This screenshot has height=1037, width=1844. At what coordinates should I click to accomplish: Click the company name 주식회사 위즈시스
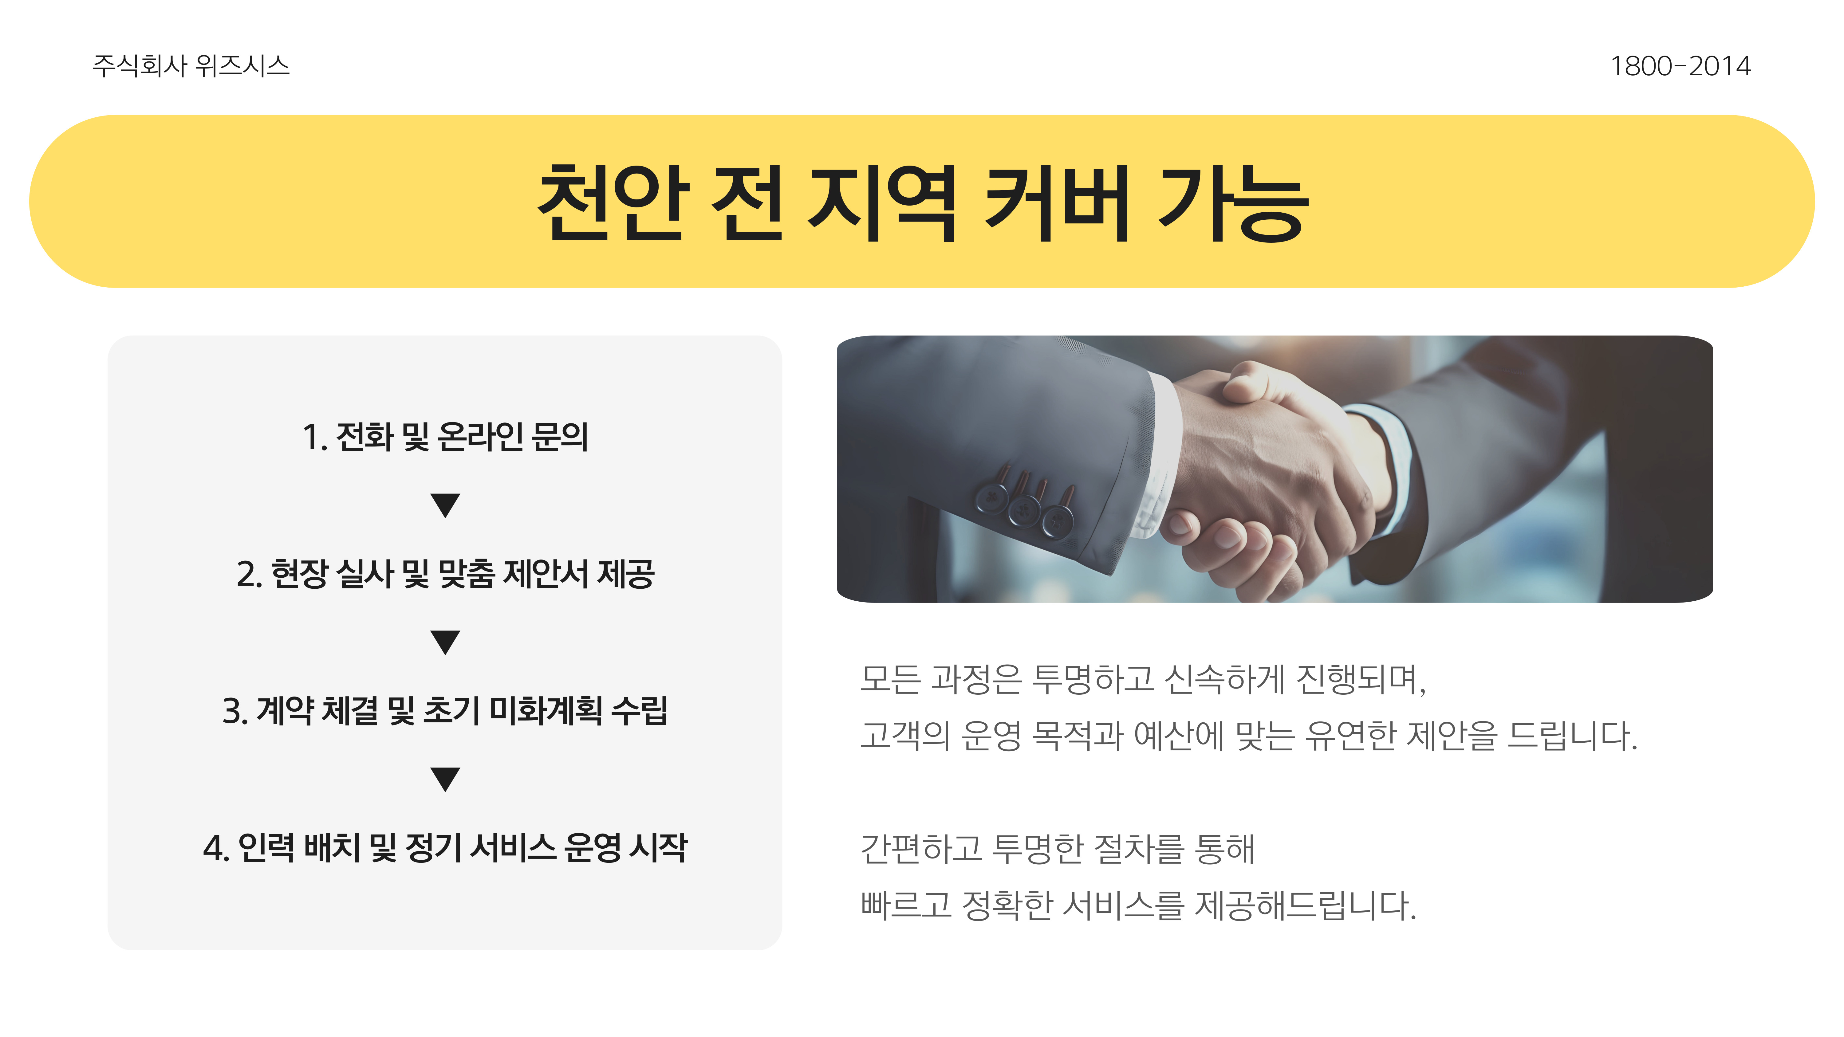coord(191,66)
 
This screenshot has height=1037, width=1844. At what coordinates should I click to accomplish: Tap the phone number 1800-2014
coord(1679,66)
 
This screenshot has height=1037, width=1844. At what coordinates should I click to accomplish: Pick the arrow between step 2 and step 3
coord(445,642)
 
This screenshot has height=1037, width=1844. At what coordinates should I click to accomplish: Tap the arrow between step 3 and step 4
coord(445,779)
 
